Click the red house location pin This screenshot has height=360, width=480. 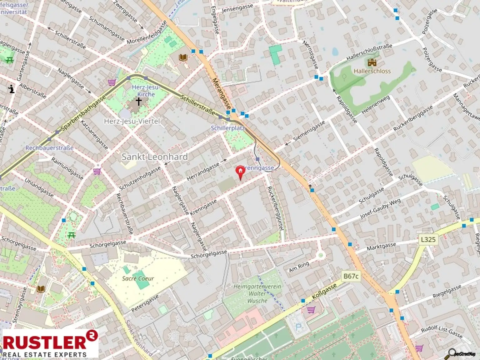tap(240, 172)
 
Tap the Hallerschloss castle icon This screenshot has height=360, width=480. tap(372, 63)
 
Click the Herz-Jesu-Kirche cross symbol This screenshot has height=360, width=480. tap(138, 102)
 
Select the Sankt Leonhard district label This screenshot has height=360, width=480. tap(155, 157)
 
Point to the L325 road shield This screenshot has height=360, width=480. tap(428, 240)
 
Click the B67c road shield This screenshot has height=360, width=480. tap(351, 276)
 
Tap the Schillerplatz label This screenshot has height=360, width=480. tap(227, 128)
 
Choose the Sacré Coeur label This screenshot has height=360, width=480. tap(138, 278)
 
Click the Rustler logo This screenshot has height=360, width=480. tap(50, 343)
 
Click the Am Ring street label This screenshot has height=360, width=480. tap(299, 267)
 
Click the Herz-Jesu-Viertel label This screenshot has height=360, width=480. tap(132, 121)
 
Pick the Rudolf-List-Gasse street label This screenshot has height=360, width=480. tap(441, 332)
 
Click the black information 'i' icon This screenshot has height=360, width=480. tap(12, 89)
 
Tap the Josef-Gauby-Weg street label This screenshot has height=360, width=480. tap(380, 209)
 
